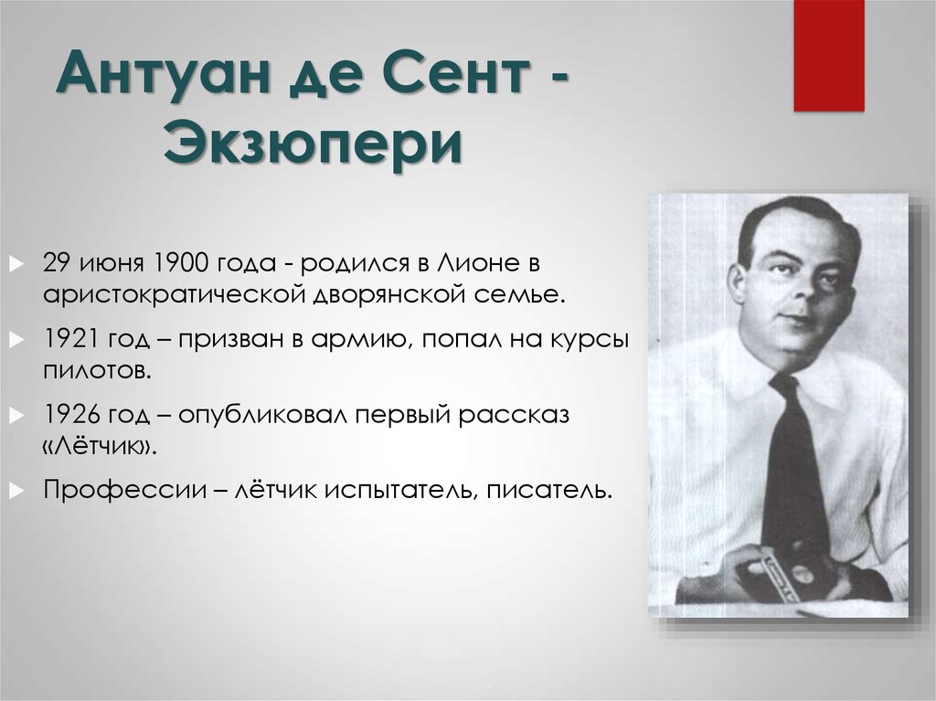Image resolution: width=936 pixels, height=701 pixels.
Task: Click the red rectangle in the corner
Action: [x=828, y=56]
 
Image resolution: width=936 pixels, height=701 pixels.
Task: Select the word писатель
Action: [x=549, y=491]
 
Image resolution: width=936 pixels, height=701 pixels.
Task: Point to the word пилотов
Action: [x=97, y=371]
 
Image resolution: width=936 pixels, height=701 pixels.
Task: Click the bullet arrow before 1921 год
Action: [x=16, y=339]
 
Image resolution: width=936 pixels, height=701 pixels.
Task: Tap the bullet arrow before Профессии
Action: [x=16, y=491]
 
